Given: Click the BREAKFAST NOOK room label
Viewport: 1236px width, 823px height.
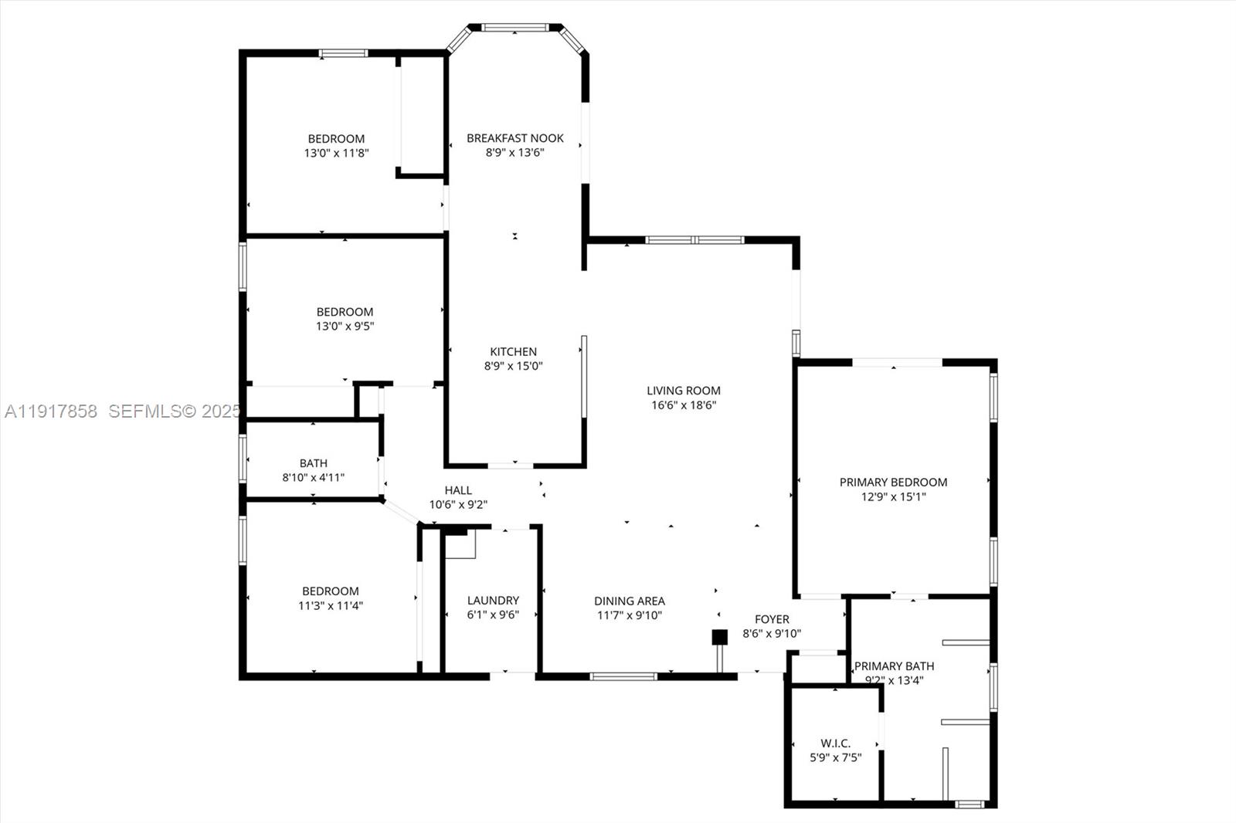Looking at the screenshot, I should (514, 138).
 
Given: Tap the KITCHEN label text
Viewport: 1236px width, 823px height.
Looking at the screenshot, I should (513, 351).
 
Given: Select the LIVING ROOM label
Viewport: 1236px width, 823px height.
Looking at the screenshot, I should (684, 391).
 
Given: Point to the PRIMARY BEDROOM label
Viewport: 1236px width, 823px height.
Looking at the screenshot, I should (893, 482).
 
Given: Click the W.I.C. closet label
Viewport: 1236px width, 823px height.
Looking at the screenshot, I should (835, 743).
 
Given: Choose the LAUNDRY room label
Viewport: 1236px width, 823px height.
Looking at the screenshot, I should (493, 600).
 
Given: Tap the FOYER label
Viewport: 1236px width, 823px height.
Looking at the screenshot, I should (772, 619).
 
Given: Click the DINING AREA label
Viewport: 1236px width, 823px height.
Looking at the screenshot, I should (629, 601).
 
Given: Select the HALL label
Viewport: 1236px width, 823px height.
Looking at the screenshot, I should (458, 490).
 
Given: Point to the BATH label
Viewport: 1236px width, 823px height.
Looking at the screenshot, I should (313, 463).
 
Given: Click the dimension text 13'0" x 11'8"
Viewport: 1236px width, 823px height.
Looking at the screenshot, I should (336, 153).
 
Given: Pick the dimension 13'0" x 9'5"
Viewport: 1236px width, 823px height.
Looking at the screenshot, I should (345, 326).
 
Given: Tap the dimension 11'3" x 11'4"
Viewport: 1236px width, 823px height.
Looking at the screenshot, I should (330, 605).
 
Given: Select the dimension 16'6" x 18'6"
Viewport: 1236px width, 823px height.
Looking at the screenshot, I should (684, 405).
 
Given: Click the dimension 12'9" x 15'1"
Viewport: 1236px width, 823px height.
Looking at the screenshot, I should (893, 496).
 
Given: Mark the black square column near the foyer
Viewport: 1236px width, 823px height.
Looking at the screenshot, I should (719, 637).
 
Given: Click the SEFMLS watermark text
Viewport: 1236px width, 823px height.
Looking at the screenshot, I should (175, 411).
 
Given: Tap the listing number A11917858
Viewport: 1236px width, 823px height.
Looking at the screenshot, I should (51, 411).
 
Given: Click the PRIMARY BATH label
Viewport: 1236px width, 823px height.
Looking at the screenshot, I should (894, 666).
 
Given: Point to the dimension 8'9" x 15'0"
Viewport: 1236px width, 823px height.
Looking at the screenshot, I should (513, 366).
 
